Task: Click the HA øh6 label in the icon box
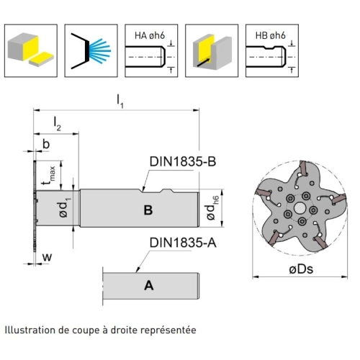coord(150,35)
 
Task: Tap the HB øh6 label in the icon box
coord(271,35)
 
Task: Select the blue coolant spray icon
coord(99,51)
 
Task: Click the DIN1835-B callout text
coord(183,161)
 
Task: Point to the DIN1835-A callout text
coord(183,243)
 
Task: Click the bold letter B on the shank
coord(148,210)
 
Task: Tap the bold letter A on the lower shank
coord(148,286)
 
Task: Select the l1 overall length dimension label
coord(120,102)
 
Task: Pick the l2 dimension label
coord(57,124)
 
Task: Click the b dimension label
coord(46,144)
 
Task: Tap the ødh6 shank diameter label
coord(212,208)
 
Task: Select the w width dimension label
coord(48,257)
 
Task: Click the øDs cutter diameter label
coord(301,269)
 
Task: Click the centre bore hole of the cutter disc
coord(299,208)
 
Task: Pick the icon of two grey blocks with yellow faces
coord(31,50)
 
